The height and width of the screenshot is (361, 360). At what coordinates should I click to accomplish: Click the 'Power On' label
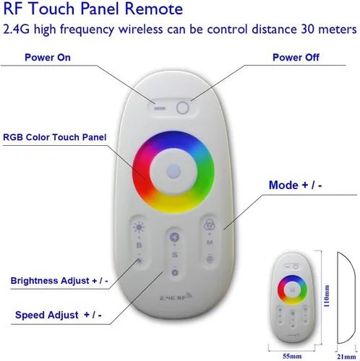coord(48,58)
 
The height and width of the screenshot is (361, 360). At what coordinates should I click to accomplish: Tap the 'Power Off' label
coord(296,58)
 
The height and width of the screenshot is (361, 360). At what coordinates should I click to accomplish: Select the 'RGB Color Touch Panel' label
coord(54,137)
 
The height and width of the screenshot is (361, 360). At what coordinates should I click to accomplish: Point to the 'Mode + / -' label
coord(296,185)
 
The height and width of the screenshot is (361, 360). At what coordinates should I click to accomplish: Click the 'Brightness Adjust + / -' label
coord(59,281)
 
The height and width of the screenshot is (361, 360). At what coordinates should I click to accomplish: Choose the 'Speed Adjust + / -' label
coord(59,315)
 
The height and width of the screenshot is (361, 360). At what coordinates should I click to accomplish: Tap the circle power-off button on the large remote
coord(182,108)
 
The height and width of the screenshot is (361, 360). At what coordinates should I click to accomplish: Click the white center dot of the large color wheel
coord(173,172)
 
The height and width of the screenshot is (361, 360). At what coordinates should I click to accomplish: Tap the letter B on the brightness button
coord(139,245)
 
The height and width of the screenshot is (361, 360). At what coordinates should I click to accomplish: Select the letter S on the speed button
coord(175,255)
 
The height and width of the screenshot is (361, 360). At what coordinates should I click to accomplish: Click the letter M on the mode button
coord(210,243)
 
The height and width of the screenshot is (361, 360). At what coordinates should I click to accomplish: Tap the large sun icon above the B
coord(139,227)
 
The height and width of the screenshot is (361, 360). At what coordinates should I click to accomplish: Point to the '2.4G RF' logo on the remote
coord(176,297)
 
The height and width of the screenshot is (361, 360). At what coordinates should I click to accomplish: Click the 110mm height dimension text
coord(327,296)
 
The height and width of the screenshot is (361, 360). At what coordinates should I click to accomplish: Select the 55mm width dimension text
coord(292,356)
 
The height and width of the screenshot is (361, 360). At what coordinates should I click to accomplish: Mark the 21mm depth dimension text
coord(346,357)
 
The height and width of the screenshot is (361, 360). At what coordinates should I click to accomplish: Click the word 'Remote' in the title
coord(154,9)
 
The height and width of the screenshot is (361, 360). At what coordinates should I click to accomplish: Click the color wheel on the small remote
coord(292,290)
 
